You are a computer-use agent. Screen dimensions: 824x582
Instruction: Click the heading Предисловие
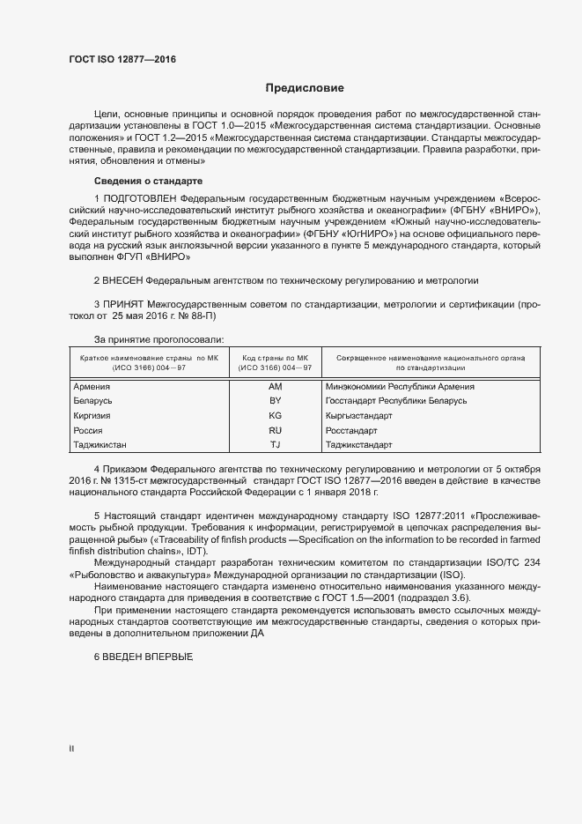click(x=304, y=88)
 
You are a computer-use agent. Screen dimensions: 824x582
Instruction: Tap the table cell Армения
click(x=92, y=386)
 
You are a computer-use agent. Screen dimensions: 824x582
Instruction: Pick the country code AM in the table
click(x=275, y=386)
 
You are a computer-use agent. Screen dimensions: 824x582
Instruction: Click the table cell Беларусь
click(x=92, y=400)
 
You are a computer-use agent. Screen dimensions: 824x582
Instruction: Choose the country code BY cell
click(x=275, y=400)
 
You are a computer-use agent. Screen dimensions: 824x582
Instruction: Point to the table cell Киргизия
click(x=92, y=415)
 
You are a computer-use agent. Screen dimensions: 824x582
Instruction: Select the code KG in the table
click(x=275, y=415)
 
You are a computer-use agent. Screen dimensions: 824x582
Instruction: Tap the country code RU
click(x=275, y=430)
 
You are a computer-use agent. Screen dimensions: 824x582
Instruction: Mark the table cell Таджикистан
click(x=99, y=444)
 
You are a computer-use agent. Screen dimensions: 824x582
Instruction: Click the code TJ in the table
click(x=275, y=444)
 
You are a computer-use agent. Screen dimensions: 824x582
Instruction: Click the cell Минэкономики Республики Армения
click(x=400, y=386)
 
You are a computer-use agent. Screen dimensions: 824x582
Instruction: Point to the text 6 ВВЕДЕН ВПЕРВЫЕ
click(x=143, y=658)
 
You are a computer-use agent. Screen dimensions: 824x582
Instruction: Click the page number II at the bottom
click(x=71, y=749)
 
